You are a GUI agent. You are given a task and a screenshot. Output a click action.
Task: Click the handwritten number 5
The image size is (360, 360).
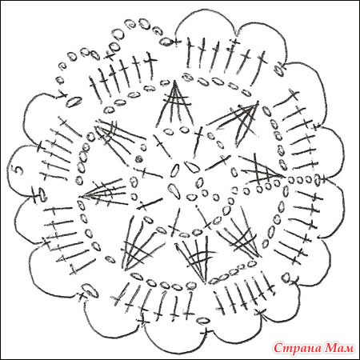[x=18, y=170]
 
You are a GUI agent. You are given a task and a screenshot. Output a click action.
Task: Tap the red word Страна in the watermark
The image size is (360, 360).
[x=297, y=347]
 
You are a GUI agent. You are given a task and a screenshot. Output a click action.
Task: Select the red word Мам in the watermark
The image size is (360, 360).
[x=338, y=347]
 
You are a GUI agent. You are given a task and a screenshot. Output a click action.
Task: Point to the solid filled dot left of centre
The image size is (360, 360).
[x=138, y=158]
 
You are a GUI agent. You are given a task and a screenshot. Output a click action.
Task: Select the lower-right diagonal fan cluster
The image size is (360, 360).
[x=238, y=234]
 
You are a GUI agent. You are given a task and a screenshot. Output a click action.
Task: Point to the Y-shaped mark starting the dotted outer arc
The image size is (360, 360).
[x=62, y=95]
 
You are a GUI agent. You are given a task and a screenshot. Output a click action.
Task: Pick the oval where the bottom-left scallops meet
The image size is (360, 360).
[x=90, y=290]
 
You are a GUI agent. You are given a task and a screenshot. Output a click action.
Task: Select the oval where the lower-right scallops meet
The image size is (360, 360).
[x=286, y=278]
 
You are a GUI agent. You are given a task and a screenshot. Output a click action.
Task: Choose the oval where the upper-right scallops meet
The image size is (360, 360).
[x=278, y=69]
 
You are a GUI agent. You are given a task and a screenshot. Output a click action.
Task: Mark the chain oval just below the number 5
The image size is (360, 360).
[x=42, y=193]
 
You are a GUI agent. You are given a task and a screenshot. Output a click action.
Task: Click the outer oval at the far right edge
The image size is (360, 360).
[x=318, y=179]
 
